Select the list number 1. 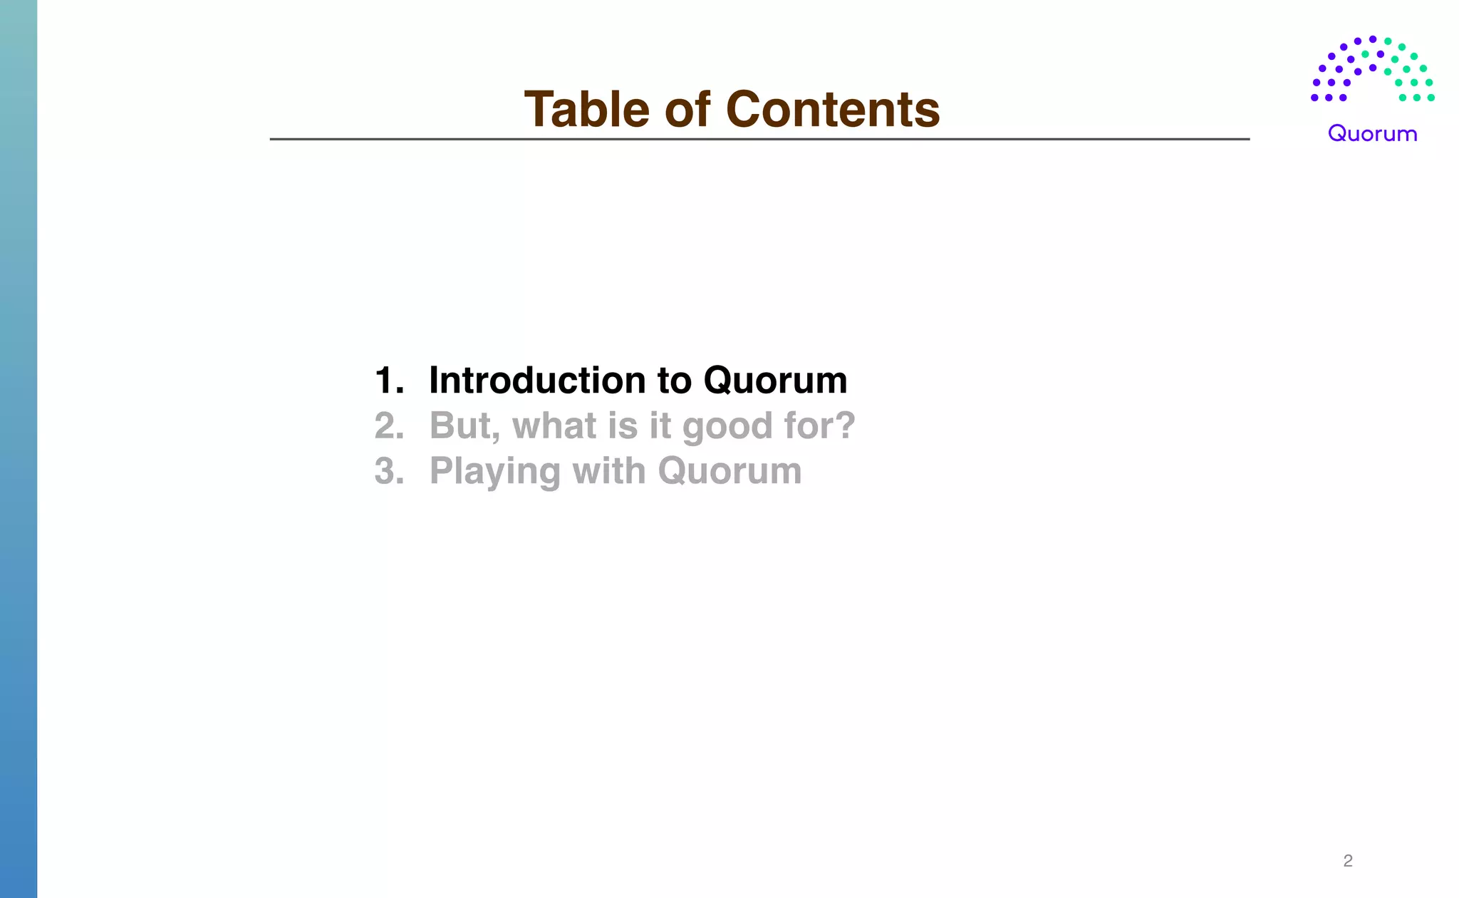[x=389, y=381]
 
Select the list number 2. [x=389, y=426]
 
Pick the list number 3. [x=389, y=471]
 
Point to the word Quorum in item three [x=729, y=471]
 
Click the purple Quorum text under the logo [x=1372, y=134]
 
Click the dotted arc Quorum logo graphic [x=1372, y=69]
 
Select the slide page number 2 [x=1347, y=861]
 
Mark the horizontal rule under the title [x=759, y=139]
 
